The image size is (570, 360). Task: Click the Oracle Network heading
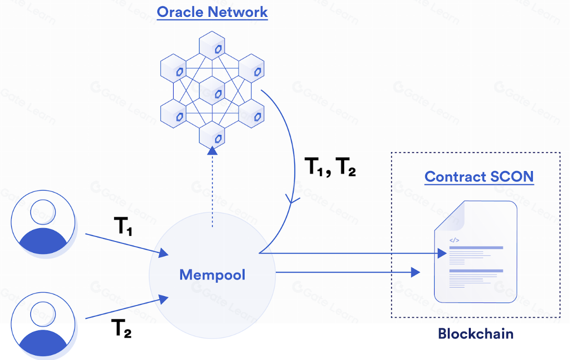click(x=212, y=12)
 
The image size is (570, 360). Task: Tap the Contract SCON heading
click(x=479, y=177)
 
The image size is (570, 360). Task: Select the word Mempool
click(x=212, y=274)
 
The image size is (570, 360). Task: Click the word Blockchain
click(x=475, y=334)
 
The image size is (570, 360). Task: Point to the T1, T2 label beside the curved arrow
click(x=330, y=168)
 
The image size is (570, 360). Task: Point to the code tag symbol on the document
click(x=454, y=240)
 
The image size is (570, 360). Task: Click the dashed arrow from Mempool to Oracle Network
click(x=212, y=188)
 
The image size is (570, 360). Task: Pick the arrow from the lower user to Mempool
click(x=127, y=308)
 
